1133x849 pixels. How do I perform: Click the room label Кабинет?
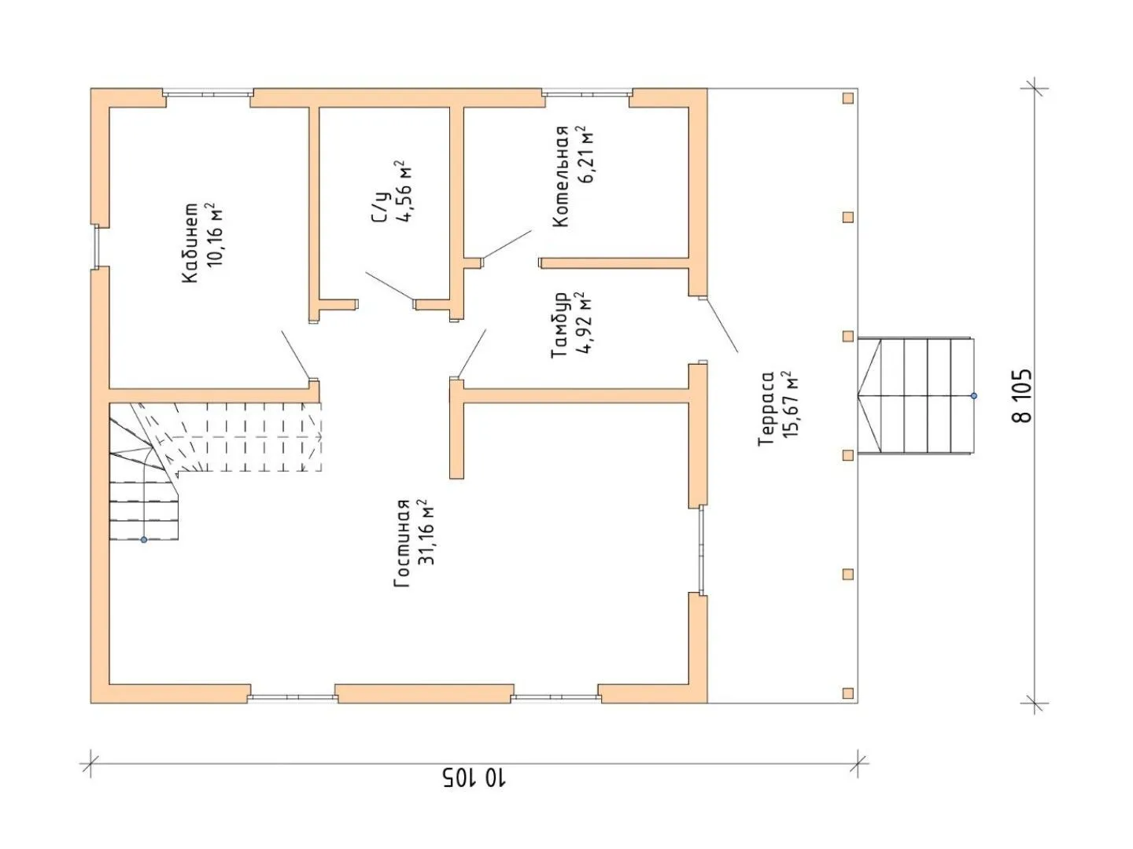[190, 242]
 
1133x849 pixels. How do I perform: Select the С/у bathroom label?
[379, 208]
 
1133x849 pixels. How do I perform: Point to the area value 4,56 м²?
[404, 191]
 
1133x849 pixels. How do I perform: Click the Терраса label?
[766, 408]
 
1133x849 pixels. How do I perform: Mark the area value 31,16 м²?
[426, 532]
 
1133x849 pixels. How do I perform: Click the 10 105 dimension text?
[474, 792]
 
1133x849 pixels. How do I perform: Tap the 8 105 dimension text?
[1023, 395]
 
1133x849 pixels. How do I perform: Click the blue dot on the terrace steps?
[973, 396]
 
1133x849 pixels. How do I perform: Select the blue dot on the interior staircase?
[144, 540]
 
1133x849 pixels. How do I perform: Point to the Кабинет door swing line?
[295, 355]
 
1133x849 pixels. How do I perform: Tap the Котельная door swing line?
[507, 244]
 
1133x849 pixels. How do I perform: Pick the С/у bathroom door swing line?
[389, 286]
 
